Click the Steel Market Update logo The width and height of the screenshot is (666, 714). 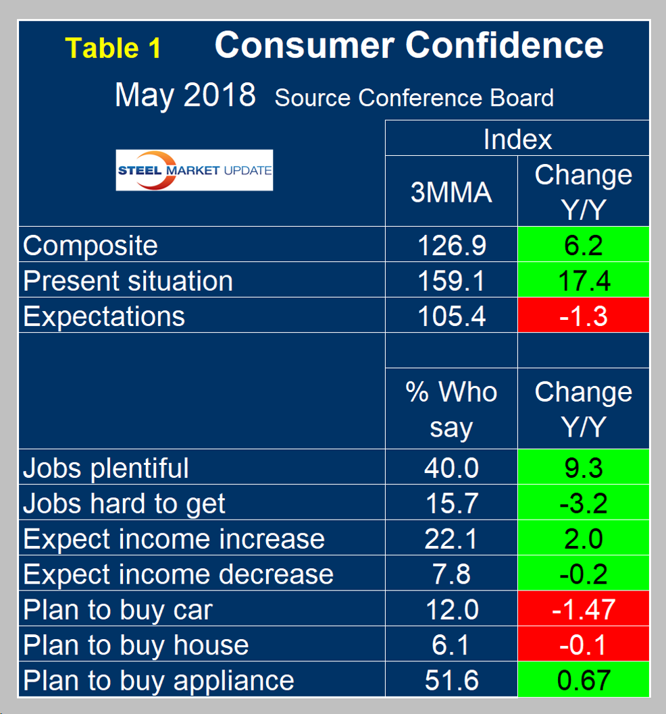tap(195, 170)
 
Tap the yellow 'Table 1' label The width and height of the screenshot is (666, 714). tap(113, 48)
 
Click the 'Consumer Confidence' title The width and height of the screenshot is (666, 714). tap(409, 45)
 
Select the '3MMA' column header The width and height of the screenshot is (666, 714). tap(451, 193)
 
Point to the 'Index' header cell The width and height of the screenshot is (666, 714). tap(517, 139)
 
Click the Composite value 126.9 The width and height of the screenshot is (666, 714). tap(451, 245)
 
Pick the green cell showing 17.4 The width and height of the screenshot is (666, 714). tap(584, 280)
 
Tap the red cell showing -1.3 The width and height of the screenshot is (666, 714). tap(584, 316)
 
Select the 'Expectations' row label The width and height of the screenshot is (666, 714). tap(104, 316)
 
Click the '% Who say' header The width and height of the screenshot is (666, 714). tap(451, 409)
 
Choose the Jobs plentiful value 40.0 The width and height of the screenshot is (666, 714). tap(451, 468)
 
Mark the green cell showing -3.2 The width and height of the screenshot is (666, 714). tap(584, 503)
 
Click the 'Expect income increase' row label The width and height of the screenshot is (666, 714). tap(174, 539)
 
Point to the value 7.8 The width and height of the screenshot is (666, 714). tap(451, 574)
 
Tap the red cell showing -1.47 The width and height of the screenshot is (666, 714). tap(584, 609)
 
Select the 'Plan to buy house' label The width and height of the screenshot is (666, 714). tap(136, 645)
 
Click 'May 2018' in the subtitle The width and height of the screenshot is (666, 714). tap(185, 95)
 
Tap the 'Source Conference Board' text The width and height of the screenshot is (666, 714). tap(414, 98)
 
